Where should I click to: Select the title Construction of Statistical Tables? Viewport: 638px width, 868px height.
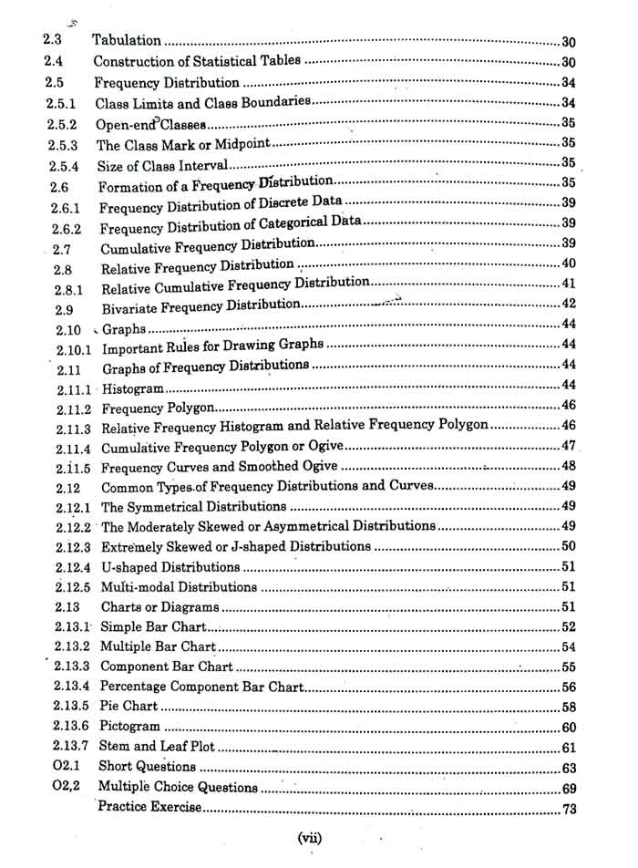tap(198, 62)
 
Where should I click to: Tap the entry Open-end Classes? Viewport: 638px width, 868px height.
tap(150, 123)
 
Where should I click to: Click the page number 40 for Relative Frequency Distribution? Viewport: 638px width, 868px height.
tap(570, 264)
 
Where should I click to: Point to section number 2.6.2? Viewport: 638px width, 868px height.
tap(67, 227)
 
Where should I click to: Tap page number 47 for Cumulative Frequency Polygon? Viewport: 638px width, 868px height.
tap(570, 446)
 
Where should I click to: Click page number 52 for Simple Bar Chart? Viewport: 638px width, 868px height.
tap(570, 627)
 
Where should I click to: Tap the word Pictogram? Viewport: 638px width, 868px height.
tap(129, 727)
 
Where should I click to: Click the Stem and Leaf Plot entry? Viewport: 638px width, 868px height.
tap(158, 747)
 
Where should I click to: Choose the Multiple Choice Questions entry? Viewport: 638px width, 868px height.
tap(178, 787)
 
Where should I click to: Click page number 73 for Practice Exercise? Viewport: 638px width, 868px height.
tap(570, 809)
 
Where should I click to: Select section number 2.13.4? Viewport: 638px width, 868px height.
tap(71, 687)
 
